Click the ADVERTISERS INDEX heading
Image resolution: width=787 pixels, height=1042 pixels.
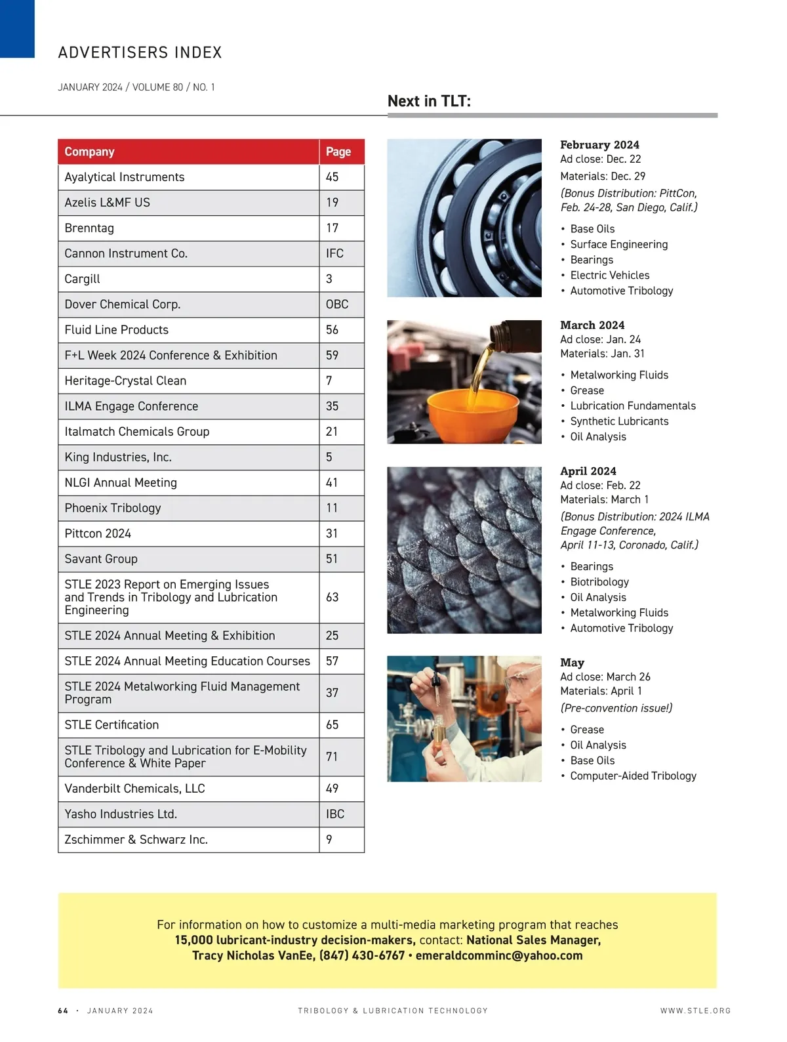(x=140, y=52)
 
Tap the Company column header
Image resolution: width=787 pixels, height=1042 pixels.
(x=90, y=152)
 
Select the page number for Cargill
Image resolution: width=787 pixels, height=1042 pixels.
(x=329, y=279)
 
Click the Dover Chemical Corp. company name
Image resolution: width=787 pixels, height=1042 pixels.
(x=123, y=304)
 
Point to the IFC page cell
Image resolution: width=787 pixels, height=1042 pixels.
(x=334, y=253)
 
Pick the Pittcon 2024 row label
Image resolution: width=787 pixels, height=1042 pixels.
(x=98, y=533)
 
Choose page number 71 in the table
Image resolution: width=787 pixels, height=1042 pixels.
(x=332, y=757)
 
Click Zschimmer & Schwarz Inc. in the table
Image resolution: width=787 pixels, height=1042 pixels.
(x=136, y=839)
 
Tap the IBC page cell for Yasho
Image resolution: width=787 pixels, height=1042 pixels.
(x=335, y=814)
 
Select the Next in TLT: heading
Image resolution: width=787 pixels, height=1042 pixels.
(x=429, y=101)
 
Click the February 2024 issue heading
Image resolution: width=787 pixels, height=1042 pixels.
(x=599, y=145)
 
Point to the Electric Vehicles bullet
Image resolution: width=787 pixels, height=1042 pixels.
(x=609, y=276)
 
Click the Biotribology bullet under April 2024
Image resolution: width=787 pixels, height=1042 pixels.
(x=599, y=582)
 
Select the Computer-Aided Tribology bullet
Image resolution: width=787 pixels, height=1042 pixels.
(x=633, y=776)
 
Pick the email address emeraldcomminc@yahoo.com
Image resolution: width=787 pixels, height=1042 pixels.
(x=498, y=955)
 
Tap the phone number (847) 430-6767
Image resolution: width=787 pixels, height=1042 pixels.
(x=361, y=955)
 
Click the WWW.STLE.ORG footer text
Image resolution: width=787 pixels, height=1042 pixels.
(x=695, y=1011)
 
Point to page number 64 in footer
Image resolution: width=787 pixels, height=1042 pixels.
(x=63, y=1011)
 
